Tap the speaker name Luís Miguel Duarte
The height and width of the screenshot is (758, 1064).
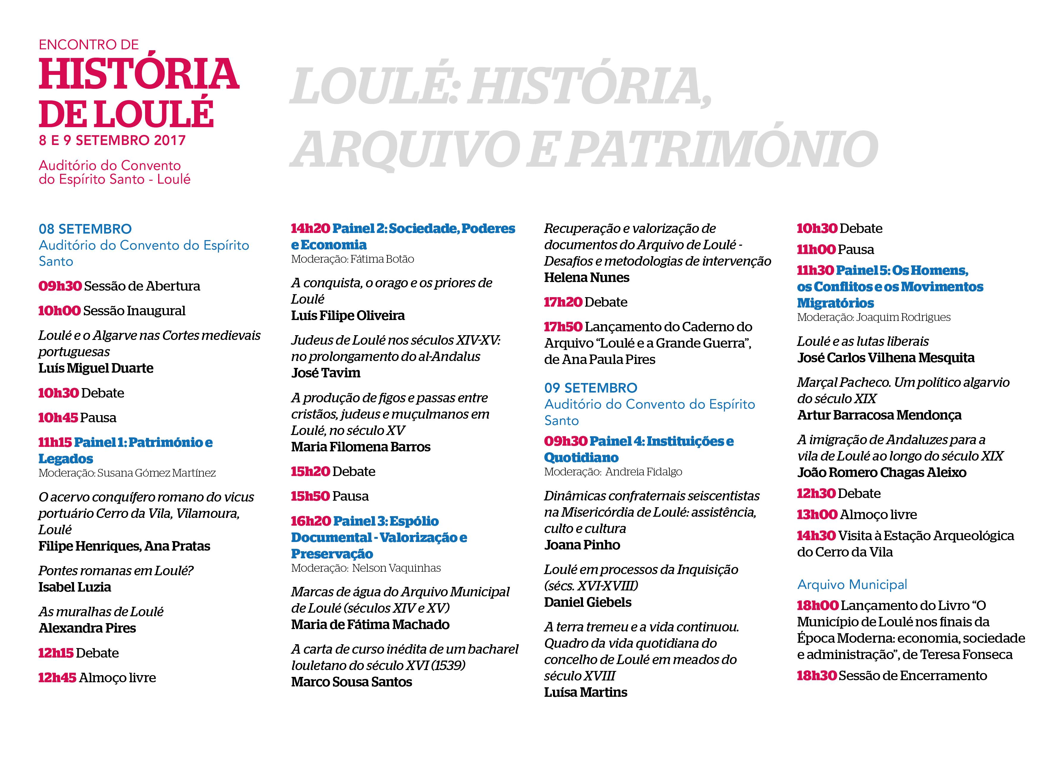(x=96, y=368)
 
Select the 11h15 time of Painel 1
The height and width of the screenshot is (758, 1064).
(x=55, y=442)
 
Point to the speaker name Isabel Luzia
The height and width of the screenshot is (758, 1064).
(x=75, y=587)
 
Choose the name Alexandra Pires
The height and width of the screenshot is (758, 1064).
(x=87, y=628)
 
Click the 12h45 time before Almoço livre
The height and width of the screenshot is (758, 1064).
(x=57, y=678)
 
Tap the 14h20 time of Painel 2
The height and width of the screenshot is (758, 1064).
(x=310, y=229)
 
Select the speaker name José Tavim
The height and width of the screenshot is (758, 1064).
(x=326, y=373)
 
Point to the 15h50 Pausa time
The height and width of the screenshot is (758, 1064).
(x=310, y=496)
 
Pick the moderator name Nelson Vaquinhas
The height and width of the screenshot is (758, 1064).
(x=396, y=568)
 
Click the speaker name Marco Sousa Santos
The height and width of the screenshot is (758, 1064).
(x=352, y=683)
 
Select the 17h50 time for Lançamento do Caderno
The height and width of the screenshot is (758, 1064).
(x=563, y=327)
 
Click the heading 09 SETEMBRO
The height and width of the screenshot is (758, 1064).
(x=591, y=388)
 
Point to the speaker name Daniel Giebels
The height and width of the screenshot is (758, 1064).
(x=587, y=603)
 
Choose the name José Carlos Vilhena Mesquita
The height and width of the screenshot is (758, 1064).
(x=886, y=358)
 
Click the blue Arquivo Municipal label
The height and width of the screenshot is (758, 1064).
(x=852, y=584)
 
